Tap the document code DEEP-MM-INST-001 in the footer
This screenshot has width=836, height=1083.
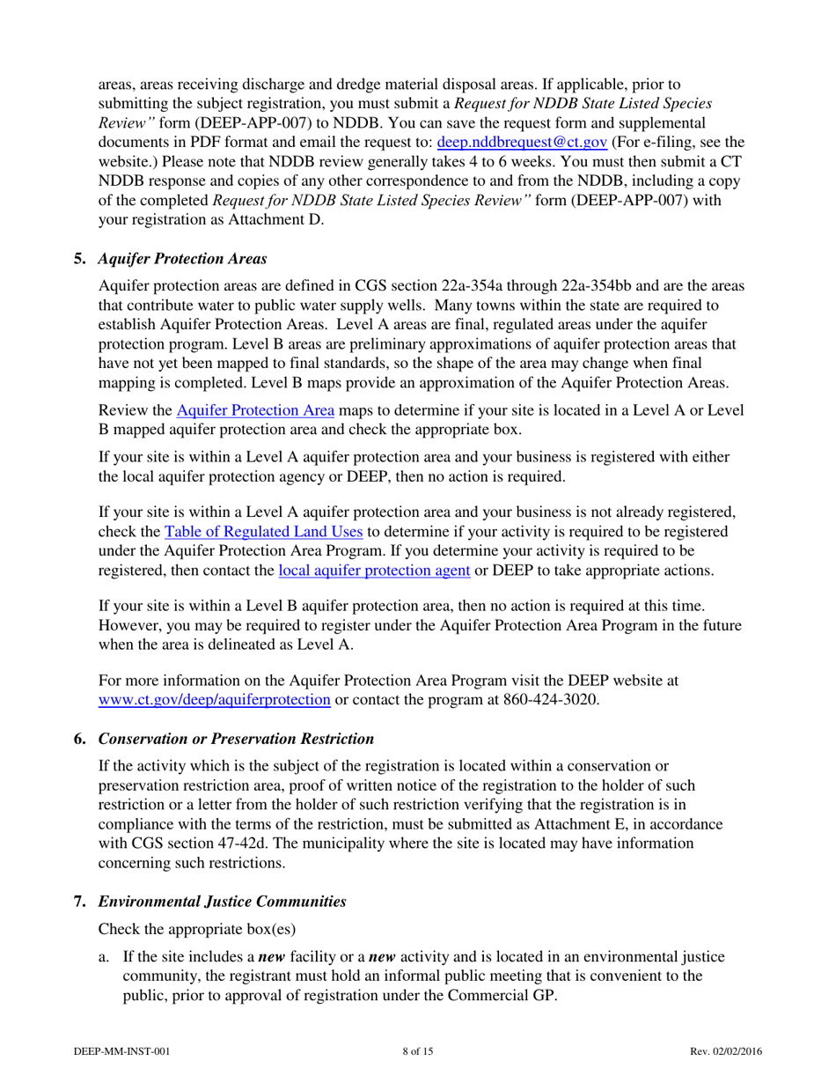pyautogui.click(x=121, y=1051)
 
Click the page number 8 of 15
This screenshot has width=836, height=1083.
pyautogui.click(x=417, y=1051)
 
